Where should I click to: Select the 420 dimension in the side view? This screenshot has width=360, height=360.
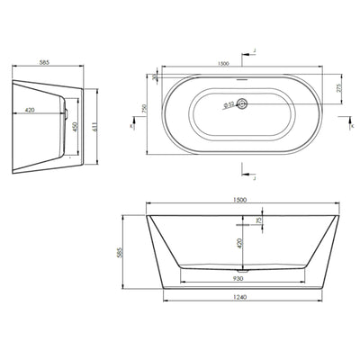[31, 111]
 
